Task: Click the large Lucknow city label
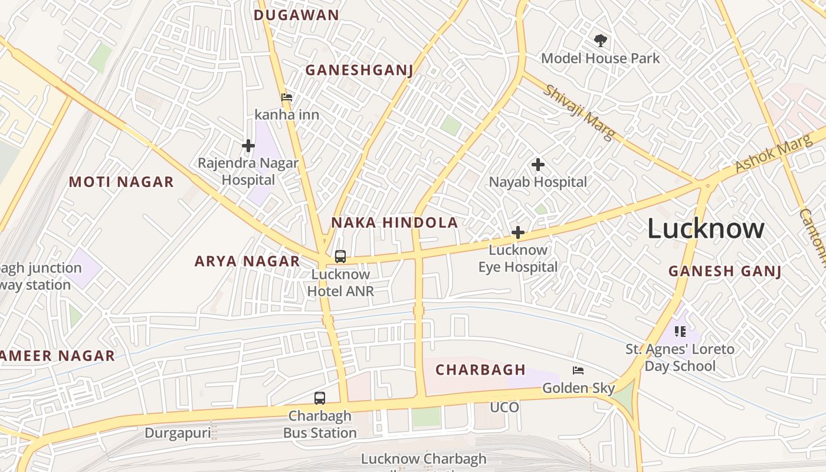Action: pos(706,228)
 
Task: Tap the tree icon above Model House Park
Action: pos(601,41)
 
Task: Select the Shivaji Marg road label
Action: pos(579,112)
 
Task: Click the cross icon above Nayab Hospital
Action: pos(537,165)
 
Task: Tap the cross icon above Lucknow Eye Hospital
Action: pos(517,232)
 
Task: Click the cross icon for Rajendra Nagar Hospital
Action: pos(248,146)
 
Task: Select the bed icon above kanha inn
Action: pos(287,97)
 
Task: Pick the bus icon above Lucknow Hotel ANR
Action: pos(340,257)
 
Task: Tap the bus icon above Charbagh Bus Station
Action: pos(319,398)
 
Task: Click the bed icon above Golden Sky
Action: pos(578,371)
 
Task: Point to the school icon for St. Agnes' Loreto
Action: pos(680,332)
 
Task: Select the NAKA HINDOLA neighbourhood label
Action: pos(394,222)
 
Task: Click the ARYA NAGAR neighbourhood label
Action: pos(247,261)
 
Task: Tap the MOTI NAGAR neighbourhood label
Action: pos(122,182)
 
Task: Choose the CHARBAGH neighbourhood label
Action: pos(480,370)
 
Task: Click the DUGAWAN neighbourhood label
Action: pos(296,15)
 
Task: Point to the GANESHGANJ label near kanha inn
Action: pos(359,70)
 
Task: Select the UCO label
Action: pos(504,408)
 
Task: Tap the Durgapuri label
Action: pos(178,433)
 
